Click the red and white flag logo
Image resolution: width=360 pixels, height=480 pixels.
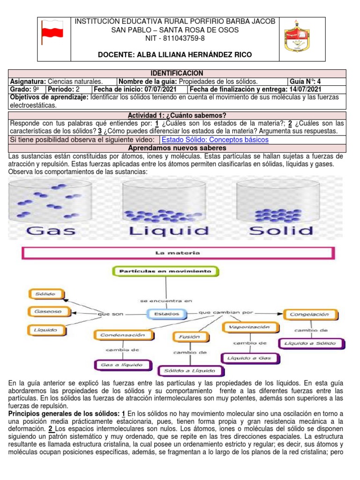52,32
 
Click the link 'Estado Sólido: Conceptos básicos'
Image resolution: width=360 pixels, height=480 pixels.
215,140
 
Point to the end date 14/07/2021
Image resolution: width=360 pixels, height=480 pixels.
305,89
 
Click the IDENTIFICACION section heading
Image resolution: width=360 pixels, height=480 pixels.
177,73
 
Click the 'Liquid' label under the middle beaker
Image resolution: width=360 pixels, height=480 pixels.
169,231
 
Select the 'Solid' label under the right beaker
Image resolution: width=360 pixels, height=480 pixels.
281,231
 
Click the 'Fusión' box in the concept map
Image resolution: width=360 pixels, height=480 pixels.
189,336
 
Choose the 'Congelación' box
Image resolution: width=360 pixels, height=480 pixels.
309,314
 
